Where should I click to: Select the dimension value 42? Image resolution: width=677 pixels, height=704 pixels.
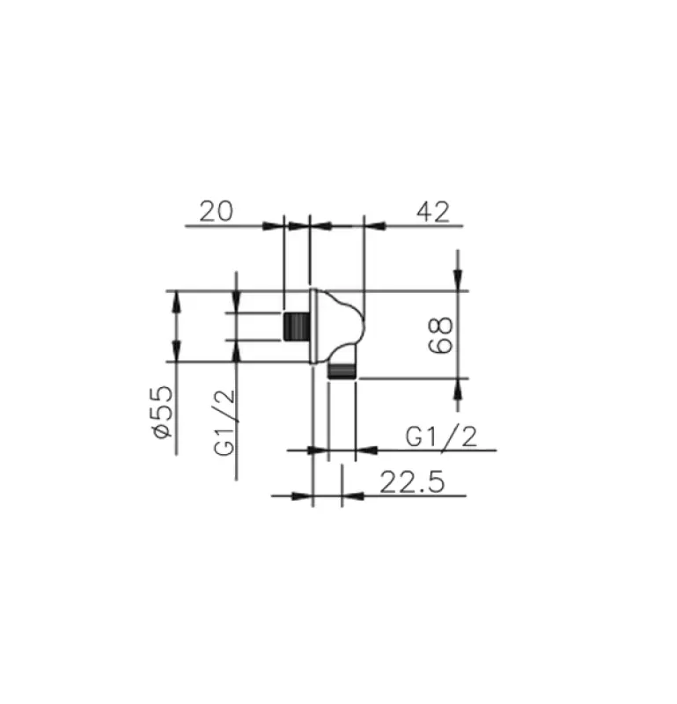coord(431,211)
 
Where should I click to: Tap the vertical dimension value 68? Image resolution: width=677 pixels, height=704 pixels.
coord(443,334)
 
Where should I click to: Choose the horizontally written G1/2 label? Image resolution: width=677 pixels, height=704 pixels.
coord(441,436)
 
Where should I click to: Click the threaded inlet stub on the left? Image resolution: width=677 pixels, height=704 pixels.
coord(296,326)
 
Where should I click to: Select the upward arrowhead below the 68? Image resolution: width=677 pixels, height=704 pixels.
coord(457,389)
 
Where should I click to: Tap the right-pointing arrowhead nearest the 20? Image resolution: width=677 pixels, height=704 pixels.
coord(273,226)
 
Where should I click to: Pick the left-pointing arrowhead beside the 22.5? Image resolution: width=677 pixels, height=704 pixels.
coord(351,495)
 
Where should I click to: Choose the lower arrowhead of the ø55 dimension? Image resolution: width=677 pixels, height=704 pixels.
coord(177,349)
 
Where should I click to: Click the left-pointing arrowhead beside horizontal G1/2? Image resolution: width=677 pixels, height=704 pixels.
coord(366,451)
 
